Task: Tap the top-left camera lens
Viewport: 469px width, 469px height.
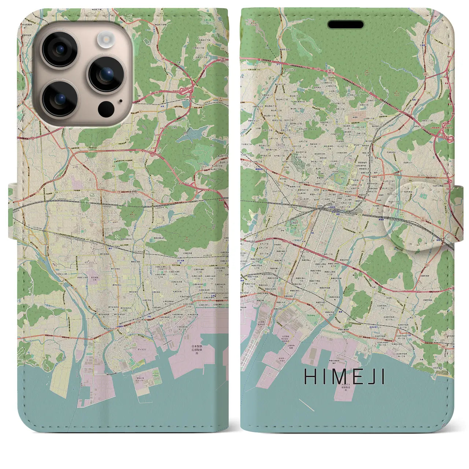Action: [x=59, y=50]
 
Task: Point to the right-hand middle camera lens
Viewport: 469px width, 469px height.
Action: [x=105, y=74]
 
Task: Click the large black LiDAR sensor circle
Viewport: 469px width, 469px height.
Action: [x=106, y=108]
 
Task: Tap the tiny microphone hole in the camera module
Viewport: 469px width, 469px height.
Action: [x=121, y=100]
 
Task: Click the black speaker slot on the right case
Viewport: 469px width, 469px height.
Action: [x=346, y=25]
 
